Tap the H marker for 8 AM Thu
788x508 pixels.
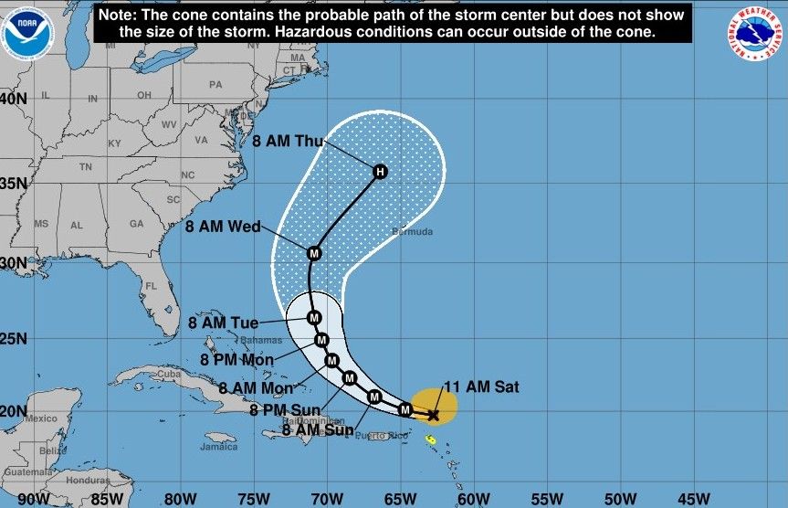[380, 171]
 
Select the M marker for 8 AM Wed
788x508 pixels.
[314, 253]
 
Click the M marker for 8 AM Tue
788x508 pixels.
[314, 318]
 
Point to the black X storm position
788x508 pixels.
[433, 415]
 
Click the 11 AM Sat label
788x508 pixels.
[480, 387]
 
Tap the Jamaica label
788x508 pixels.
[219, 448]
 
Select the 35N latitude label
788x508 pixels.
[13, 183]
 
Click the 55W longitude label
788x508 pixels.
[545, 498]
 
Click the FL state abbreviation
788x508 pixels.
[152, 286]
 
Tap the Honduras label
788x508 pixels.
[88, 482]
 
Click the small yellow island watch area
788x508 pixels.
[431, 440]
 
